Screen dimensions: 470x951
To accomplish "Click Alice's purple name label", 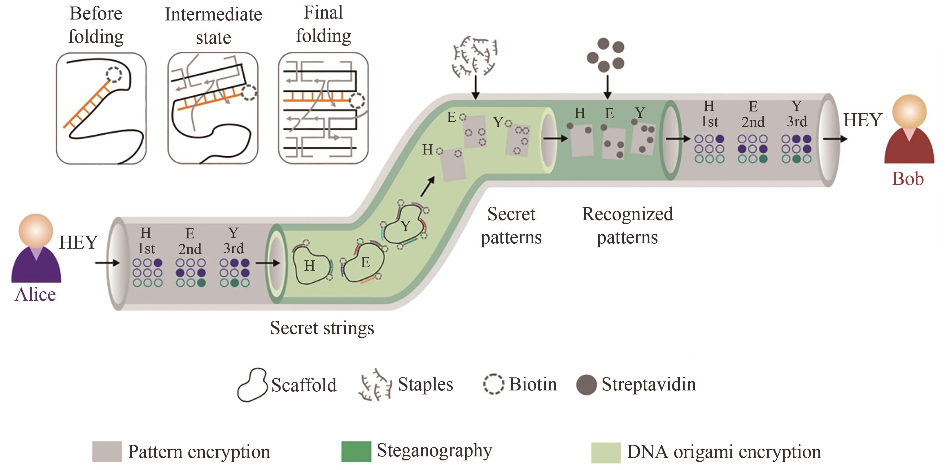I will [x=35, y=295].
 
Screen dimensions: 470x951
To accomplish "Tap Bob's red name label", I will [x=908, y=179].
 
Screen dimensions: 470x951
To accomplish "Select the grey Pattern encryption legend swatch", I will [x=107, y=451].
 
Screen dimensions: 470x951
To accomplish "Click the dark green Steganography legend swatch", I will [x=356, y=451].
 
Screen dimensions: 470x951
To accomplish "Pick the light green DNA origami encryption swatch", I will [x=605, y=452].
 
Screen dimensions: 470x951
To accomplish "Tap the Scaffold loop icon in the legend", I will [x=252, y=385].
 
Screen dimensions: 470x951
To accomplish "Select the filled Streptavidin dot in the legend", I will [x=586, y=385].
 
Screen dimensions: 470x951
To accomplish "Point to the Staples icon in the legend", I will [x=375, y=385].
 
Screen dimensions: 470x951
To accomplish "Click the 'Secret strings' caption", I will [x=322, y=328].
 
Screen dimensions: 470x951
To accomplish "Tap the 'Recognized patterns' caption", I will [x=627, y=226].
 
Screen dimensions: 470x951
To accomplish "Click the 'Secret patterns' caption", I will [x=511, y=226].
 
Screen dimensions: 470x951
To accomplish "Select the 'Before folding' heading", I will [x=96, y=25].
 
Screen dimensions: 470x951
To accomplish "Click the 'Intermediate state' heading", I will [x=213, y=26].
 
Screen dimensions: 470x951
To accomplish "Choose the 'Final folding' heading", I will [x=323, y=24].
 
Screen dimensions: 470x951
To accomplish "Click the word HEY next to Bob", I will [x=862, y=120].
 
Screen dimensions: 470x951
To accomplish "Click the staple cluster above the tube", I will [x=475, y=55].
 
